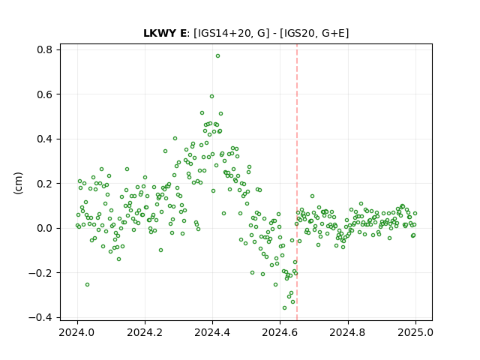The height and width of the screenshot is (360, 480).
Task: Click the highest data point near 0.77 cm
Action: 217,56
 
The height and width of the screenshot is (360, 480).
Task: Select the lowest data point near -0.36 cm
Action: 284,307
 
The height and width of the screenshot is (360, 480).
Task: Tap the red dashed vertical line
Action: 297,182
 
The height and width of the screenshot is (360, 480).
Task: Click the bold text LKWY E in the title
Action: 165,33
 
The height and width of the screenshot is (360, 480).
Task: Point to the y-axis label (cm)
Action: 18,183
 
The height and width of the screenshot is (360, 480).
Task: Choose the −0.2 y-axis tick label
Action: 42,273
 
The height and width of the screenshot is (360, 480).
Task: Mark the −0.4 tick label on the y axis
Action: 42,318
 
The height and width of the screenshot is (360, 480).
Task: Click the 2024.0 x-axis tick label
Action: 76,332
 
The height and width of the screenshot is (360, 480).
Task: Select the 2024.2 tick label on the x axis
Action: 145,332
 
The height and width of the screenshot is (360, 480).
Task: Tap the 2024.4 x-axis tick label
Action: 212,332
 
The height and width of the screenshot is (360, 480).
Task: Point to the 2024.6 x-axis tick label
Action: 280,332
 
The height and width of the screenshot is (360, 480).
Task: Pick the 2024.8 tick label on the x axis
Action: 347,332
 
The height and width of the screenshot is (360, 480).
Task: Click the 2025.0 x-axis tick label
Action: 415,332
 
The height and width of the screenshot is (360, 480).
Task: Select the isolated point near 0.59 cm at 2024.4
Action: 211,97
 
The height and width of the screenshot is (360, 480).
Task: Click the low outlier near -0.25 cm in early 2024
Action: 87,285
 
